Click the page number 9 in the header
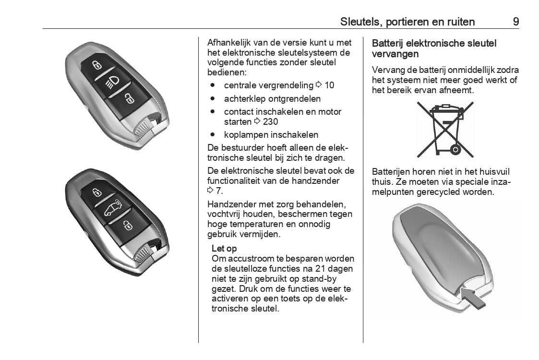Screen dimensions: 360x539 click(515, 22)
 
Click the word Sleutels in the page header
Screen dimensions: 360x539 click(359, 22)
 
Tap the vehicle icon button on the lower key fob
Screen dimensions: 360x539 click(112, 208)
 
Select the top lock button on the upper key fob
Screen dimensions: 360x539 click(96, 64)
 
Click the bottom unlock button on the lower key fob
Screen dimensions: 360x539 click(128, 224)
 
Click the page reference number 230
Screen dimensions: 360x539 click(270, 122)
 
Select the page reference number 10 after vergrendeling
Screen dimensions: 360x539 click(329, 85)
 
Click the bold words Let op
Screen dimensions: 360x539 click(224, 249)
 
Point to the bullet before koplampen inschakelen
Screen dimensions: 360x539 click(212, 135)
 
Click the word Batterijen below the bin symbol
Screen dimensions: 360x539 click(391, 172)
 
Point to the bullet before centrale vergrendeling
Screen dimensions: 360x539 click(212, 85)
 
